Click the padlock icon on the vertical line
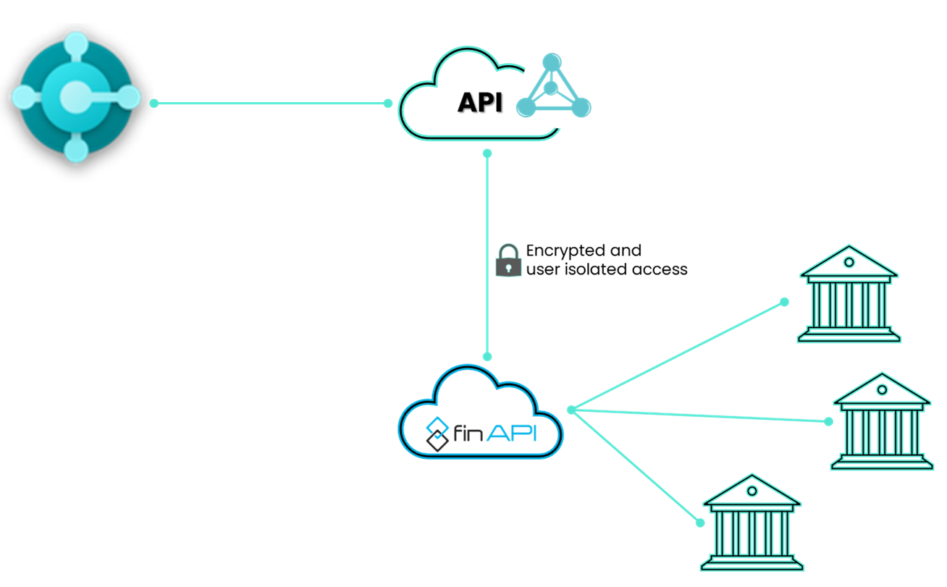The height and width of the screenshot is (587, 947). [x=508, y=261]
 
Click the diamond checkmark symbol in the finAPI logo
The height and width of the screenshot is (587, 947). [x=437, y=433]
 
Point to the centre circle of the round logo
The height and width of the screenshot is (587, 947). [x=75, y=97]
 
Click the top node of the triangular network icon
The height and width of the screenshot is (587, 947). [x=552, y=62]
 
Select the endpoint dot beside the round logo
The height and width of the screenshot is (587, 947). [x=154, y=104]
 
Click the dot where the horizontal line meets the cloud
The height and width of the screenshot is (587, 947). [x=388, y=104]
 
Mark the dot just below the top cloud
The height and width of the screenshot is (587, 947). [x=487, y=153]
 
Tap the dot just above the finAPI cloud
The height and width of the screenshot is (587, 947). [x=487, y=356]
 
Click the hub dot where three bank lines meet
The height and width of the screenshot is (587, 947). [x=571, y=410]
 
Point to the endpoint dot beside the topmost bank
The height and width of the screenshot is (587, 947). [x=784, y=302]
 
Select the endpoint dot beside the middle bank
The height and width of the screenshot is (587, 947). [x=828, y=421]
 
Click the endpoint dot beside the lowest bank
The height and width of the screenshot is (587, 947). [x=700, y=523]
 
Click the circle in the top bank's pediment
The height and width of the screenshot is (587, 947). [x=849, y=262]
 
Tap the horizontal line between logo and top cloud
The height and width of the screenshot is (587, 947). [x=272, y=104]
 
